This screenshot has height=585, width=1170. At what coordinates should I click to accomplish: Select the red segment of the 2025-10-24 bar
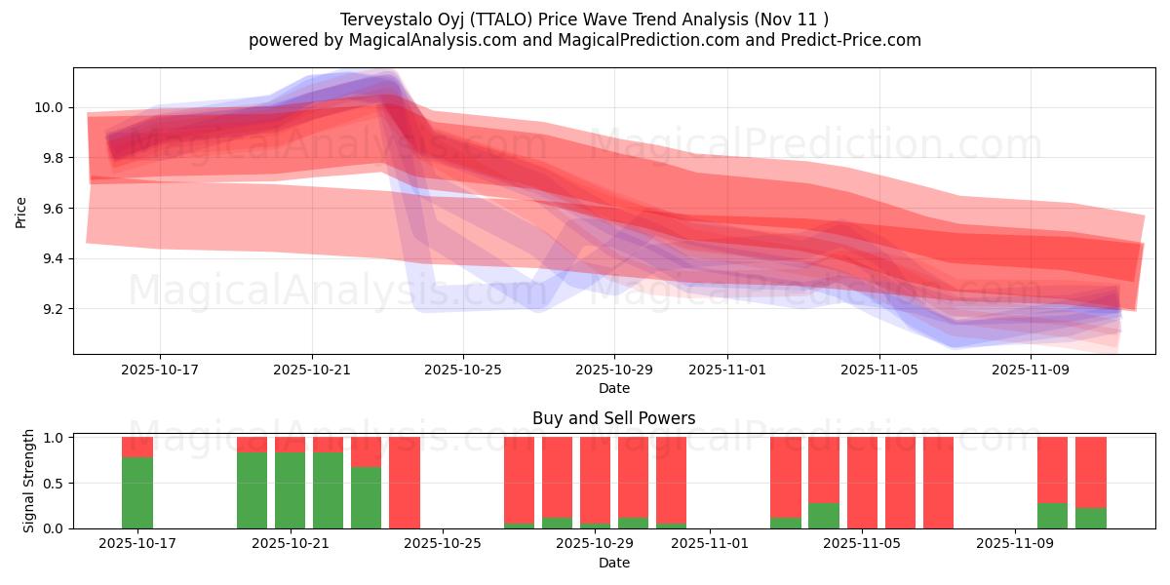(x=405, y=483)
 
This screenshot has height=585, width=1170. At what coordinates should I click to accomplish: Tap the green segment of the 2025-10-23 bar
(x=367, y=497)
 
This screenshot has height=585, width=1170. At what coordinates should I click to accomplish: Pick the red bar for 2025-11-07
(x=938, y=483)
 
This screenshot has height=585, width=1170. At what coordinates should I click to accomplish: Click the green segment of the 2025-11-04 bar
(x=824, y=516)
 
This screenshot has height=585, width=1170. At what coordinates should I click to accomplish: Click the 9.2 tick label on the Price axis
(x=50, y=309)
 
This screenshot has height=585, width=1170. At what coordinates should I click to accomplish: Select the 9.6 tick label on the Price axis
(x=50, y=209)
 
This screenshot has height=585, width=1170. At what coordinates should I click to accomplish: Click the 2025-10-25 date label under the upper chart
(x=463, y=370)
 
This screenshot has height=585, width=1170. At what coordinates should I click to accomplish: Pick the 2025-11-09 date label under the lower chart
(x=1015, y=544)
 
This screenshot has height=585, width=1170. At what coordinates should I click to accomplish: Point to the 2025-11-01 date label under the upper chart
(x=727, y=370)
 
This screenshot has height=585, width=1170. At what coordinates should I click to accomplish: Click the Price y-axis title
(x=20, y=212)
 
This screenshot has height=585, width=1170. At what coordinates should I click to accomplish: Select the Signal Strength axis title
(x=29, y=481)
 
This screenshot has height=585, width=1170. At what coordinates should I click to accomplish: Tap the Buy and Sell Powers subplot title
(x=613, y=418)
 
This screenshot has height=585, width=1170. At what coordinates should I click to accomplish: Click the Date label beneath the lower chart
(x=613, y=563)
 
